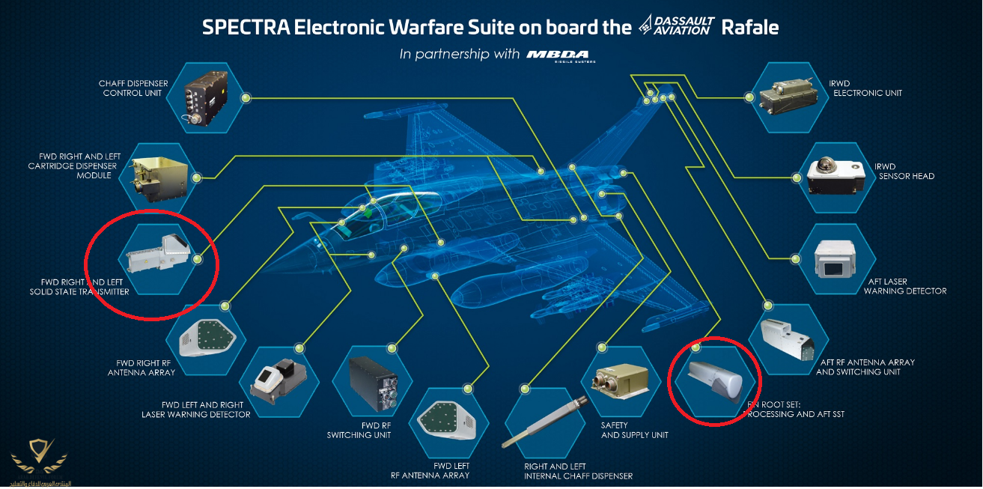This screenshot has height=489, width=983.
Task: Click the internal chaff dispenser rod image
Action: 542,424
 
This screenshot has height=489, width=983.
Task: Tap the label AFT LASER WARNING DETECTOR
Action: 904,286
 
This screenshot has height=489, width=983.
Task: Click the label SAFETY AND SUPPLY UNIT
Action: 634,430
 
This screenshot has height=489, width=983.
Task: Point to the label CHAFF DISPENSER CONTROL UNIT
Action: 133,88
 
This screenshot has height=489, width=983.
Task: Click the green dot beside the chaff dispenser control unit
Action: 246,97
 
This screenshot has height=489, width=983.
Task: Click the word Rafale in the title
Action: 749,28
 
